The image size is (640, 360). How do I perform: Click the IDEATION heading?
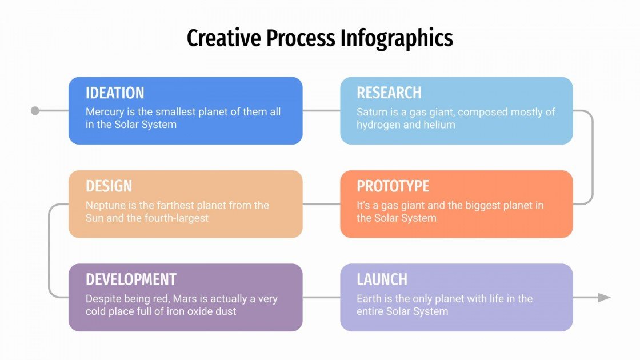[x=115, y=93]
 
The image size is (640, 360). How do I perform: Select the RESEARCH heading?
[x=389, y=93]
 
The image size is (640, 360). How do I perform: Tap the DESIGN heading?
[x=109, y=186]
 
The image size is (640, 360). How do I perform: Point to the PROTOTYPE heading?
[x=393, y=186]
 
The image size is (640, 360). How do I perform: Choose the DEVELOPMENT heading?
[x=131, y=279]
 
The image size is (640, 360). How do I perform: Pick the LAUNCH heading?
[x=382, y=279]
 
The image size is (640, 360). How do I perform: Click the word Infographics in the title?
[x=397, y=38]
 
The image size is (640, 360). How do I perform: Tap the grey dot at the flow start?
[x=35, y=110]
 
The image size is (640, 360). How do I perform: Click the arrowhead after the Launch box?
[x=604, y=297]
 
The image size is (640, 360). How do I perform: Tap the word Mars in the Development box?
[x=186, y=299]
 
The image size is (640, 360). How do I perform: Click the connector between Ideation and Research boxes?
[x=321, y=110]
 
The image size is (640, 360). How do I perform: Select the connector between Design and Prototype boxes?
[x=321, y=204]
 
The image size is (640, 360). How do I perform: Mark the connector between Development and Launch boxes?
[x=321, y=297]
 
